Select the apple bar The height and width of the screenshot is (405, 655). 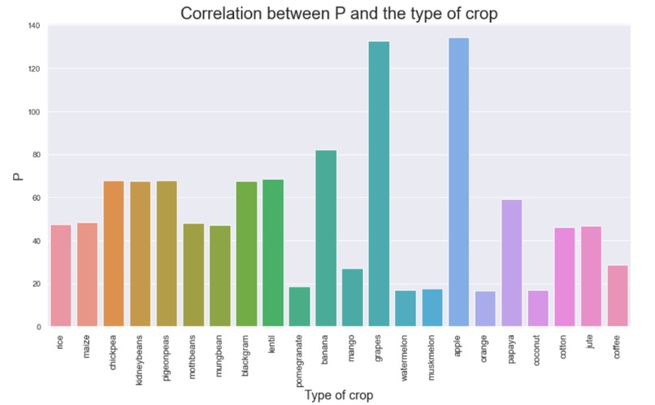[x=458, y=182]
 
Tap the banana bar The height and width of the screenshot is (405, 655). [x=326, y=238]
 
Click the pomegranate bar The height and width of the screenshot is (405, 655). [x=299, y=307]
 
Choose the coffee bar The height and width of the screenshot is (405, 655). [x=618, y=296]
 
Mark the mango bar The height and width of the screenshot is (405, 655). [x=353, y=298]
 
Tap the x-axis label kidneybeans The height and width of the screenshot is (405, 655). [x=141, y=359]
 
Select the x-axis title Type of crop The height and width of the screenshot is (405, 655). [x=339, y=394]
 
